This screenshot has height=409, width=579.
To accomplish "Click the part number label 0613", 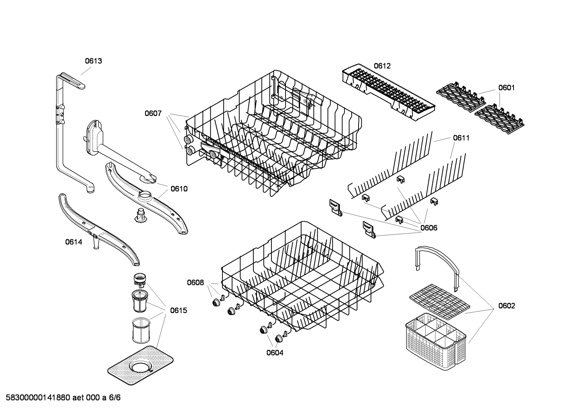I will point(93,61).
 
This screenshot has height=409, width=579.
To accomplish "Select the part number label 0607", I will point(153,114).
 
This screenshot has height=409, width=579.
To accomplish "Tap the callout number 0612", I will point(382,66).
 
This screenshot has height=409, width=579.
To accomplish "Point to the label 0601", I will point(506,87).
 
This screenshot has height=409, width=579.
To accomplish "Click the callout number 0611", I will point(461,138).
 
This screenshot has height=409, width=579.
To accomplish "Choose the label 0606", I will point(429,228).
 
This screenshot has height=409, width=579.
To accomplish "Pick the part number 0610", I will point(179,189).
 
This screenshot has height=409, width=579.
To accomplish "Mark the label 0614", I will point(73,242).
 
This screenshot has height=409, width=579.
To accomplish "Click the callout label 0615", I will point(178,310).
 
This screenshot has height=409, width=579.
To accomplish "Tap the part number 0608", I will point(195,283).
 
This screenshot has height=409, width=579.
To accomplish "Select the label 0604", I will point(275,353).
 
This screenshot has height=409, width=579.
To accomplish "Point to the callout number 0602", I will point(506,306).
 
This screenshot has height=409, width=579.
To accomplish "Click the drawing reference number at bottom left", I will point(61,398).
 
